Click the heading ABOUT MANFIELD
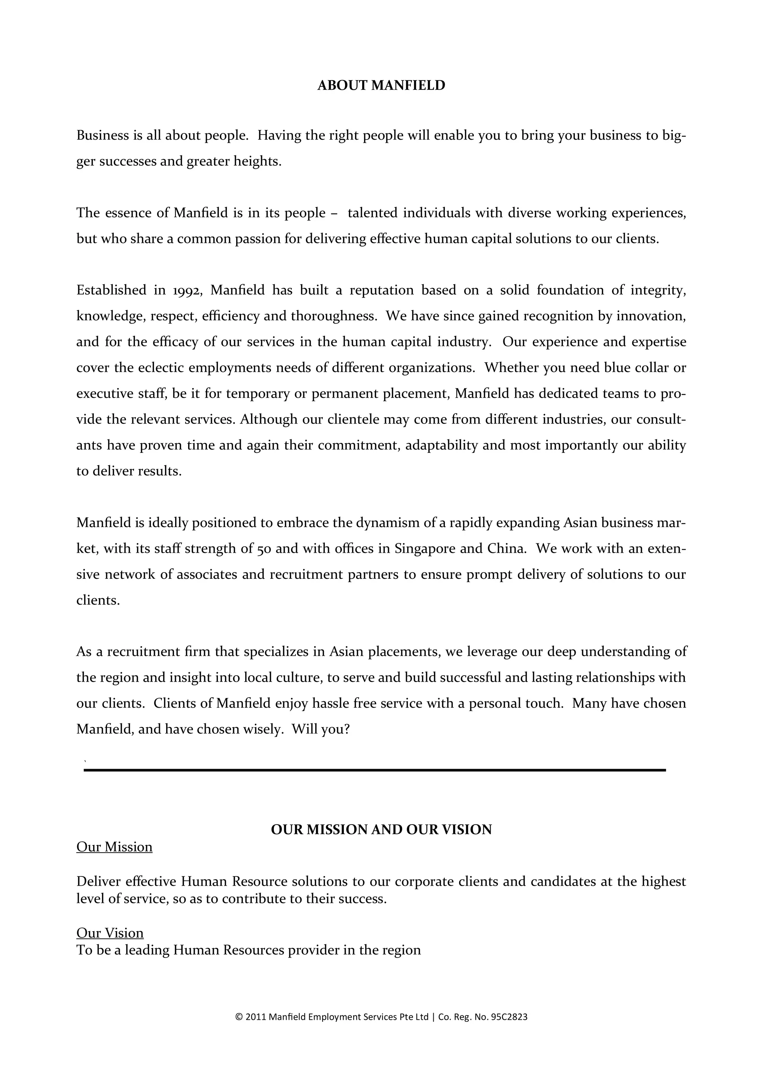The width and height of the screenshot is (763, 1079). (381, 86)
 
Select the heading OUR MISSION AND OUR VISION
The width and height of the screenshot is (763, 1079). (381, 829)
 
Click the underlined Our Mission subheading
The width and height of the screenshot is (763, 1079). (114, 847)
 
